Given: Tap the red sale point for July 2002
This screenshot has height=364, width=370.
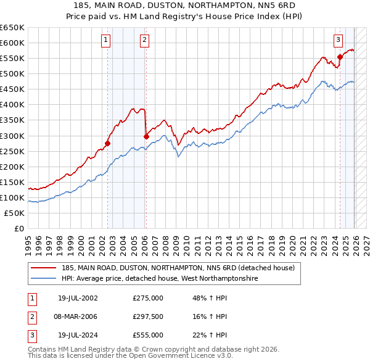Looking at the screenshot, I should [x=107, y=143].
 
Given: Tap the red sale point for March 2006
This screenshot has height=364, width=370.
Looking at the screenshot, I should [x=146, y=136].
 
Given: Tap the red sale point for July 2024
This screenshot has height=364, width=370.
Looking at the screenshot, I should [x=340, y=57].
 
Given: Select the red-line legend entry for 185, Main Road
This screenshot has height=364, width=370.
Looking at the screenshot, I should [x=178, y=268].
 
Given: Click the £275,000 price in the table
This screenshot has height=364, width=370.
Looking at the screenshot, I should [x=148, y=298].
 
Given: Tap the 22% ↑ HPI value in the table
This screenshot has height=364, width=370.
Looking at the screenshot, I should [x=210, y=335].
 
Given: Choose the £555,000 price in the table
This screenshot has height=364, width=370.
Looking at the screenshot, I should [x=148, y=335].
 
